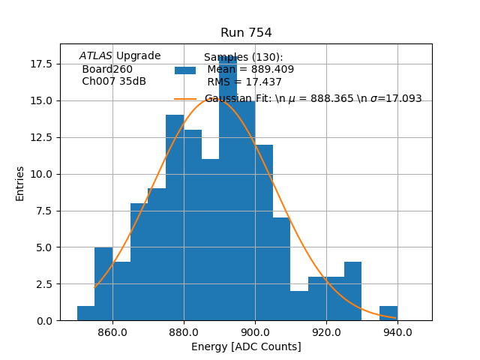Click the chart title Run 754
click(x=246, y=33)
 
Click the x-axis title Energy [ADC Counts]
click(x=246, y=346)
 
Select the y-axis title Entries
click(x=20, y=183)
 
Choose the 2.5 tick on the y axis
click(x=43, y=284)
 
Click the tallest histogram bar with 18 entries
click(x=228, y=187)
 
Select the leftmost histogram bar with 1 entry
click(x=85, y=313)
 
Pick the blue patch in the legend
click(x=185, y=70)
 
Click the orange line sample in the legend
click(x=185, y=99)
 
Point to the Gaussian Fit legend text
click(x=313, y=99)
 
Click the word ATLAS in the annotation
click(x=95, y=56)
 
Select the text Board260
click(x=107, y=69)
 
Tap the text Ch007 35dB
click(x=114, y=82)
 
